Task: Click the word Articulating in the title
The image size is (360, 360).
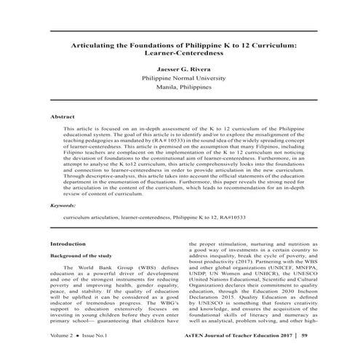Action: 92,45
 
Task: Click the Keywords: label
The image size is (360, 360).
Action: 63,206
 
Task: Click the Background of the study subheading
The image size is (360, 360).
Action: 81,258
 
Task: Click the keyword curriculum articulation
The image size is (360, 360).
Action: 90,217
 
